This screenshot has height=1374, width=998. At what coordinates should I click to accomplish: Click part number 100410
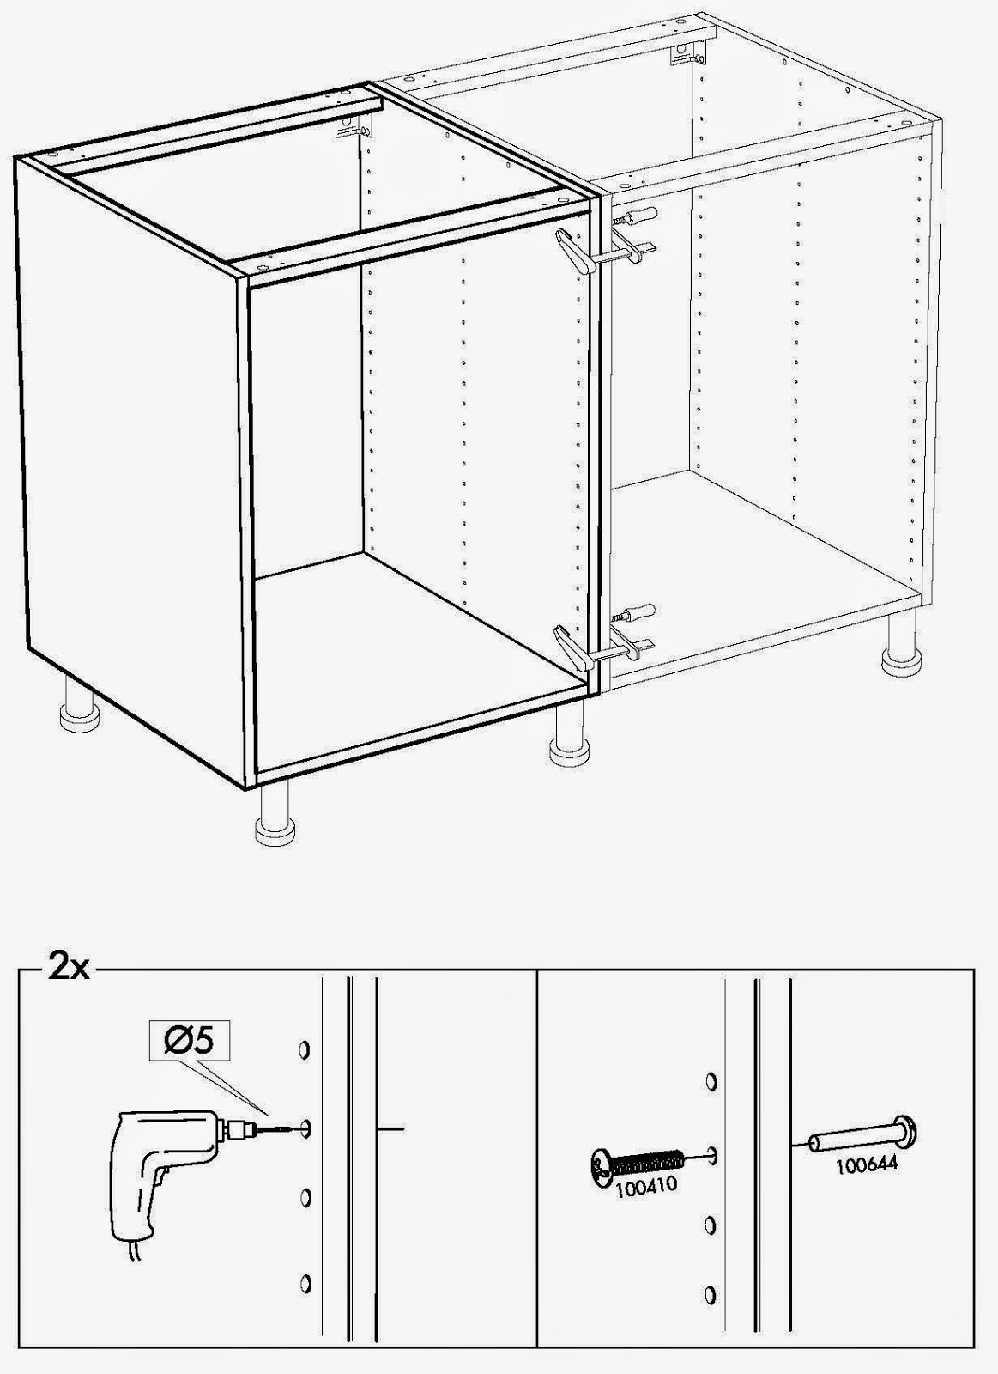coord(645,1186)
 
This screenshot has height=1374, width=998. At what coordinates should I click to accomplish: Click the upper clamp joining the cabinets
coord(605,253)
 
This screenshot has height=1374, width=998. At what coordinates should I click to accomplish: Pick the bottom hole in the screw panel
coord(710,1293)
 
